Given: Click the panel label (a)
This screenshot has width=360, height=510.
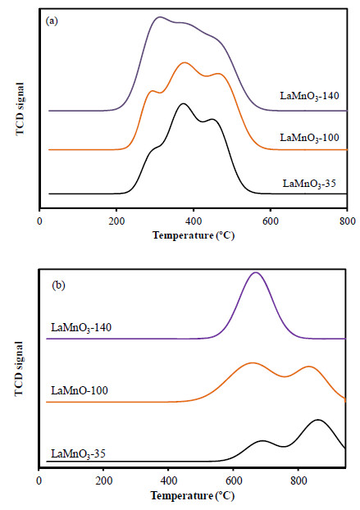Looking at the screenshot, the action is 52,21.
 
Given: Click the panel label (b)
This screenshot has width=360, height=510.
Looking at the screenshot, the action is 58,285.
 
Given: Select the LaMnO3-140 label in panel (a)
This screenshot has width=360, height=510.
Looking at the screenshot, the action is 310,96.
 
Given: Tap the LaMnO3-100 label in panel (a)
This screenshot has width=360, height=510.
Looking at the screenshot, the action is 310,138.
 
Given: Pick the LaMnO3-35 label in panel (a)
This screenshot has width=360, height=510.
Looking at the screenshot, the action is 309,184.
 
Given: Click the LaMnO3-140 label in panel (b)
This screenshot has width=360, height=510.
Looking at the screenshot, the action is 81,327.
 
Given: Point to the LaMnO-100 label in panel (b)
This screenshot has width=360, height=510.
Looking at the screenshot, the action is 80,390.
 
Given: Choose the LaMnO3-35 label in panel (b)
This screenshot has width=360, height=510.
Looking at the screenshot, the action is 79,453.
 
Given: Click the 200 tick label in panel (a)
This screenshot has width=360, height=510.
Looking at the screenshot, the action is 116,221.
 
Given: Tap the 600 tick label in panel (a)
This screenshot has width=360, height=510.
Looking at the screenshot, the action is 271,221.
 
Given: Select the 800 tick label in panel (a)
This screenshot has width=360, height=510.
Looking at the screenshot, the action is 348,221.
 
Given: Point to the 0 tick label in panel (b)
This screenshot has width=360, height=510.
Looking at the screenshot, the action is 39,481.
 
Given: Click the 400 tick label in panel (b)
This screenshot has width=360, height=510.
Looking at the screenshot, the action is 168,481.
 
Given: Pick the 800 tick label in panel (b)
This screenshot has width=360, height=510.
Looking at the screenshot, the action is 298,481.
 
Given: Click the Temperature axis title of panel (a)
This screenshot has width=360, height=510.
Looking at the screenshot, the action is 194,235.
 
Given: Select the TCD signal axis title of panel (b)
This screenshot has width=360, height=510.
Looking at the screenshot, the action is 20,369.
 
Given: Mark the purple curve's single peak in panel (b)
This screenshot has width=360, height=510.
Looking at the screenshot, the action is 256,272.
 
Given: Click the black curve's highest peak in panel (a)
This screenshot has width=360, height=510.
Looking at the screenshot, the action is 183,103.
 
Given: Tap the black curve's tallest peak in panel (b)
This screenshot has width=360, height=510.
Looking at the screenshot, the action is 317,420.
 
